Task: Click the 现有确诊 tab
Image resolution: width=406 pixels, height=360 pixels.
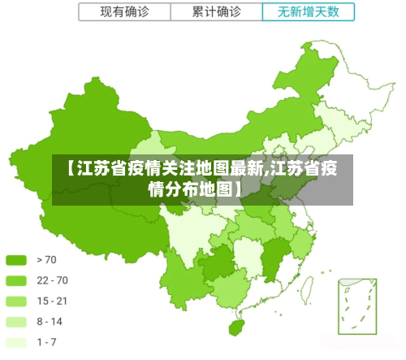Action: (124, 11)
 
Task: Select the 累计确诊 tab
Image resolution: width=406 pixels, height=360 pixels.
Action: (217, 11)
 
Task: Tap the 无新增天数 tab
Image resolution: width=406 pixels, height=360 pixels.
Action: (309, 11)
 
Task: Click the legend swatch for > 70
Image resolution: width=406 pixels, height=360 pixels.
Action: (17, 260)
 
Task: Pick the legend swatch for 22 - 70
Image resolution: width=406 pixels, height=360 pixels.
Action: (17, 280)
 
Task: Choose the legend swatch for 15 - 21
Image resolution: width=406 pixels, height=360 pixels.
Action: (17, 301)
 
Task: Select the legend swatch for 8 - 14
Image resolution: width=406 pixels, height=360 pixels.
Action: (17, 322)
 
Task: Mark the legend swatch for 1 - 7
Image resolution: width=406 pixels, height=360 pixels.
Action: (17, 342)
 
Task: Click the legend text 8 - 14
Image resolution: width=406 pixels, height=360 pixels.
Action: (50, 322)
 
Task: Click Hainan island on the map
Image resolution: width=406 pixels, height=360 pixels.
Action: (237, 327)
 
